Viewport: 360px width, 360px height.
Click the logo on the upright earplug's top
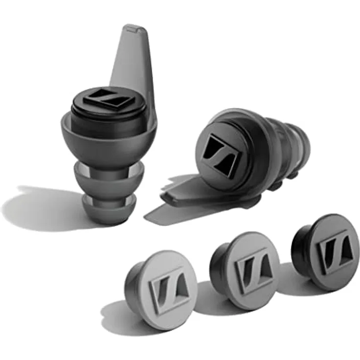click(109, 100)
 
